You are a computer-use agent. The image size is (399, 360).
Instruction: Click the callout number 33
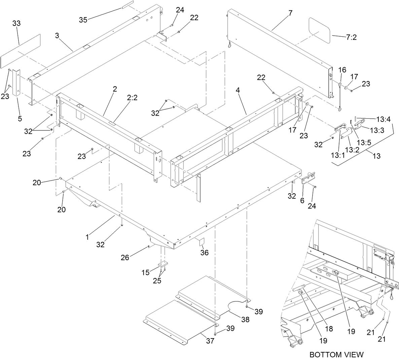click(16, 23)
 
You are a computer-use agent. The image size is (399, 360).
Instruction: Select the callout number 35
click(83, 20)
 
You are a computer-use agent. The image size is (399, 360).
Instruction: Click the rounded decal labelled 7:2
click(320, 30)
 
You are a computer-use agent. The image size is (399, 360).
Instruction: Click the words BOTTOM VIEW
click(336, 354)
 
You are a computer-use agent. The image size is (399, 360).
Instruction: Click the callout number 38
click(245, 320)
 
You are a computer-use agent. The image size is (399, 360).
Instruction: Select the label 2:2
click(132, 98)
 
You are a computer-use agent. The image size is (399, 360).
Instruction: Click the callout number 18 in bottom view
click(329, 329)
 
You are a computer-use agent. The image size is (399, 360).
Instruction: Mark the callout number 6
click(302, 200)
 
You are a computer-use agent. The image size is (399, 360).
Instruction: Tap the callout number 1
click(87, 237)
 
